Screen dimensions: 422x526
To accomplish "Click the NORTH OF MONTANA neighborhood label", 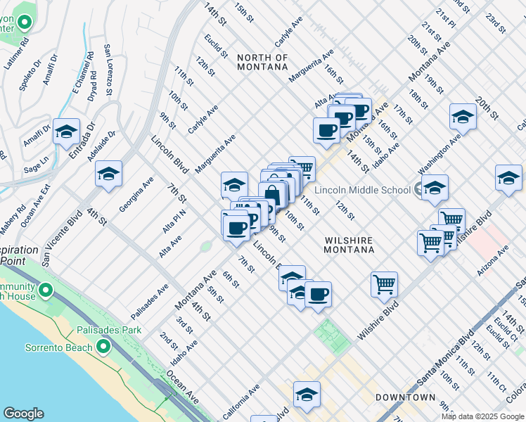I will [262, 62].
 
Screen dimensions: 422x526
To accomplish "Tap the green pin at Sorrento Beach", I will [103, 347].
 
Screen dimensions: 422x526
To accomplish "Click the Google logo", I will [23, 414].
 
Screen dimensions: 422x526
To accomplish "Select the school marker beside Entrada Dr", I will [66, 132].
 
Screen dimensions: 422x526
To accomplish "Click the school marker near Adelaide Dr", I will [109, 174].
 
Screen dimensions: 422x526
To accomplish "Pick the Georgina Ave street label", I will [136, 195].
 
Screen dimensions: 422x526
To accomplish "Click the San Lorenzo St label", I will [109, 70].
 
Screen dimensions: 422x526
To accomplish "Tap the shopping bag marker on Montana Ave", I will [273, 195].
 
